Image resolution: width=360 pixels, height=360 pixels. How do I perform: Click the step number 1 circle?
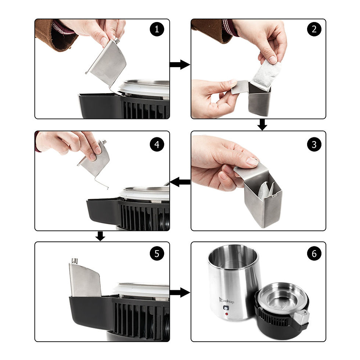tap(157, 30)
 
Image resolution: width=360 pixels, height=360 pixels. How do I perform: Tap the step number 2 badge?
tap(314, 30)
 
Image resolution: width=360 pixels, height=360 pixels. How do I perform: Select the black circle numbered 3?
tap(314, 144)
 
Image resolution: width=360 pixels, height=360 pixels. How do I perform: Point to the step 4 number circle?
tap(157, 144)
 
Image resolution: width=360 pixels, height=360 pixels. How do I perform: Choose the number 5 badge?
tap(157, 254)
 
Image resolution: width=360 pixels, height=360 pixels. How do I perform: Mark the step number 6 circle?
tap(314, 254)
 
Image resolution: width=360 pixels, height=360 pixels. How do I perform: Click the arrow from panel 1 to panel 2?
tap(180, 65)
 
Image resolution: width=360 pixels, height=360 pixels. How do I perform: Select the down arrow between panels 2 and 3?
tap(262, 125)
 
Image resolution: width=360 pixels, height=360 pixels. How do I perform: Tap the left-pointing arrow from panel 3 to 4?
tap(180, 182)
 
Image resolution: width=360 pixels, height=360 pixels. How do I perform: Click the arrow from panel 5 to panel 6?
tap(180, 292)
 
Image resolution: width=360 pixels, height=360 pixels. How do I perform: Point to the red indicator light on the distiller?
tap(227, 314)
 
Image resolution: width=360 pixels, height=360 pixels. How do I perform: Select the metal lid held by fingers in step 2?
tap(239, 87)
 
